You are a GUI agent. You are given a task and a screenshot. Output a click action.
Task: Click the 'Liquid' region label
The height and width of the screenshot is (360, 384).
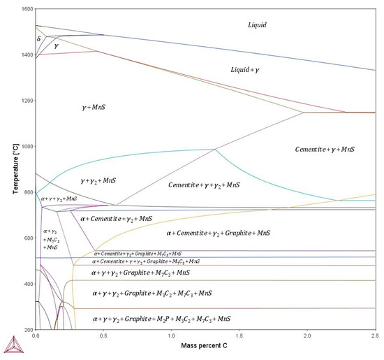click(258, 25)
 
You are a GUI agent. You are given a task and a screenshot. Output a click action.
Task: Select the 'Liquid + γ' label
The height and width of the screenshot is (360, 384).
click(249, 71)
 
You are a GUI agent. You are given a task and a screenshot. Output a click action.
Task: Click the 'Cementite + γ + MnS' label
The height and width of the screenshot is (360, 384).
click(325, 150)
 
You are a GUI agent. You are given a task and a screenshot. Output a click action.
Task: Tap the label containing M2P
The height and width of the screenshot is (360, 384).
click(161, 319)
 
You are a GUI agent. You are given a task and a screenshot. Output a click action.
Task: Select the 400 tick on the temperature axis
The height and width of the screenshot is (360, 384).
click(27, 284)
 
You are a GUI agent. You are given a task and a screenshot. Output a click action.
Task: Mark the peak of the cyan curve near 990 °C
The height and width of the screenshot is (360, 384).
click(213, 149)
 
